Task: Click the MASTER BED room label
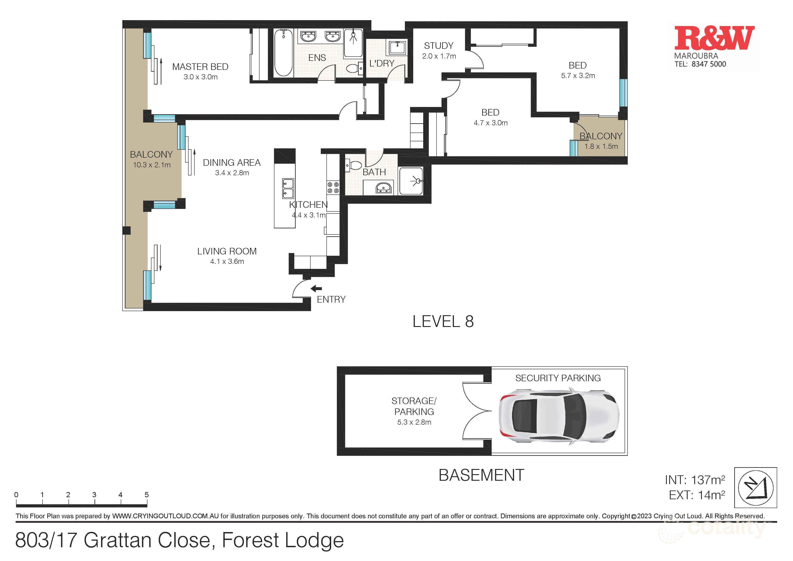click(200, 67)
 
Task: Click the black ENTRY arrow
click(316, 289)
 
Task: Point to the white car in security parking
click(559, 416)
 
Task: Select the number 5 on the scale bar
click(146, 495)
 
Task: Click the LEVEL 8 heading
click(443, 322)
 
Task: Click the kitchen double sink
click(288, 188)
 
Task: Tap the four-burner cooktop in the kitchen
click(333, 188)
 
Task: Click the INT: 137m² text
click(695, 480)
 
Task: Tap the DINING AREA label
click(231, 163)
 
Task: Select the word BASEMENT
click(481, 475)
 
